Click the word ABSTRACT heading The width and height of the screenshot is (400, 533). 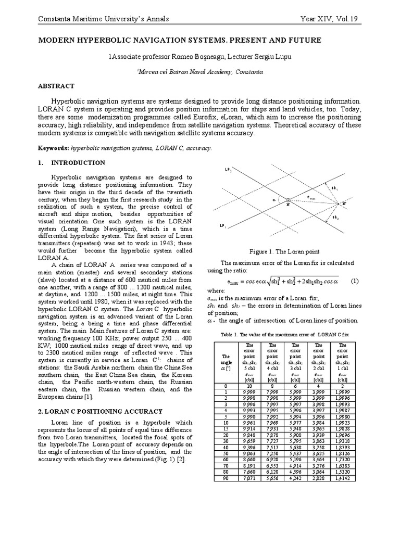click(x=56, y=86)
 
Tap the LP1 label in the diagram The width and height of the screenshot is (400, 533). click(x=222, y=225)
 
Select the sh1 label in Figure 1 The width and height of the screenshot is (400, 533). click(x=335, y=188)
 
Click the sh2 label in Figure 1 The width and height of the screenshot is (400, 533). click(x=335, y=217)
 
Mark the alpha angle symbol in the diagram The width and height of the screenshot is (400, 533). click(x=274, y=198)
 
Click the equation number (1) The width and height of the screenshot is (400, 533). click(x=355, y=281)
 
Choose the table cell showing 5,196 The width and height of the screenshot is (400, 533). click(x=293, y=459)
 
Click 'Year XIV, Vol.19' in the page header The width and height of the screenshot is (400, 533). click(x=331, y=20)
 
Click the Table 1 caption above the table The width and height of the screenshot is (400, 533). click(x=284, y=335)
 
